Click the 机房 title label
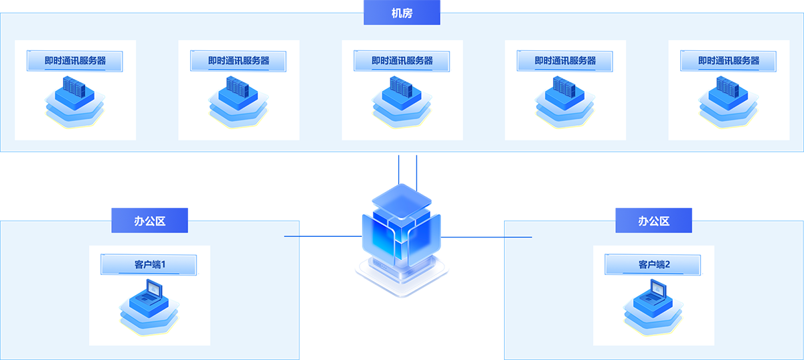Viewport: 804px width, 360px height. [402, 13]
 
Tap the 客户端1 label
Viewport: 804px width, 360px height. [149, 264]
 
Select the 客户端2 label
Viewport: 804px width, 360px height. [653, 264]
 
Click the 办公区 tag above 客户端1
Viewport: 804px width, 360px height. [149, 220]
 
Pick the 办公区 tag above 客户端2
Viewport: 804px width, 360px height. [653, 220]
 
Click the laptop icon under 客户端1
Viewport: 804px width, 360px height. [149, 304]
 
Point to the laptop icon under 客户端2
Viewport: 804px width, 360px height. [653, 304]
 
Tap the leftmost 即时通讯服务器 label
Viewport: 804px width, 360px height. [75, 61]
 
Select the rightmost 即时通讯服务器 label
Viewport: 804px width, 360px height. [728, 61]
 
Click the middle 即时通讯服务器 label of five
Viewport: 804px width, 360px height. [402, 61]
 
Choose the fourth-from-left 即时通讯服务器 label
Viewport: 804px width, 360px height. [565, 61]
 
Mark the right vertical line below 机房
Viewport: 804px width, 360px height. [416, 171]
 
